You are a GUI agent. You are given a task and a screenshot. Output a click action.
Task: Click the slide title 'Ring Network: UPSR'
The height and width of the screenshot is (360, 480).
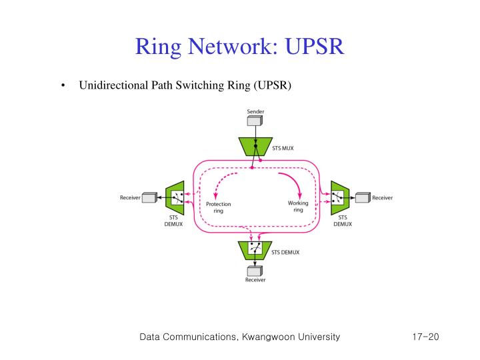tap(239, 47)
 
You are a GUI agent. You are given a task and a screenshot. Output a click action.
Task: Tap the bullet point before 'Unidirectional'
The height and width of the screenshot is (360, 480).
tap(61, 86)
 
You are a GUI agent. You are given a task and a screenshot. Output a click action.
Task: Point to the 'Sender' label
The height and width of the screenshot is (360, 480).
tap(255, 111)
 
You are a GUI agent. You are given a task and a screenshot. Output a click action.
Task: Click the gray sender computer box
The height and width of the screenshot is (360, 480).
tap(254, 121)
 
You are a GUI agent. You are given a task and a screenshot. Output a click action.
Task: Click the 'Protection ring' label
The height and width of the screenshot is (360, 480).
tap(218, 207)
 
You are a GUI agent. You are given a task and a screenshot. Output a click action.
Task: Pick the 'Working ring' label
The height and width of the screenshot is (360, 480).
tap(298, 206)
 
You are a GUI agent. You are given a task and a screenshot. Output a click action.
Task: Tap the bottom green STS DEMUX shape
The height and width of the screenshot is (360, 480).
tap(254, 251)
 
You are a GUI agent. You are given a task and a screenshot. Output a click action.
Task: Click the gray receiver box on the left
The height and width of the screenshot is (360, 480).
tap(149, 197)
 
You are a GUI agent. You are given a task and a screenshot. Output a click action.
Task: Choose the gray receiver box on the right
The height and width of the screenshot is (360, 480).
tap(363, 197)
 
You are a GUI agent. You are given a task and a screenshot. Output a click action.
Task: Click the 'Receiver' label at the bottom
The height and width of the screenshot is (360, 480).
tap(254, 281)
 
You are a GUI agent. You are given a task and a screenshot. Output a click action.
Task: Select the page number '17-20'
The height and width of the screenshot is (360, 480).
tap(425, 337)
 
